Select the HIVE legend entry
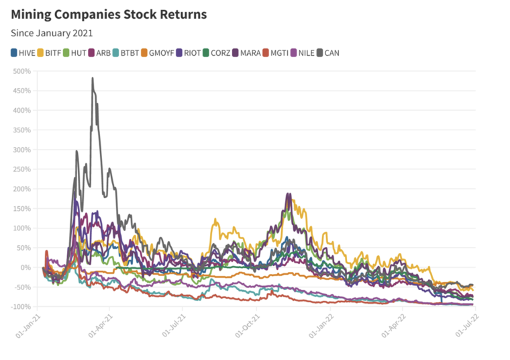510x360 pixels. point(25,52)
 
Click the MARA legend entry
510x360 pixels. point(249,52)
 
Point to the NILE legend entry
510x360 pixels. point(303,52)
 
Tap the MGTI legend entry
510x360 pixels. point(276,52)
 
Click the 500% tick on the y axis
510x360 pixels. point(22,71)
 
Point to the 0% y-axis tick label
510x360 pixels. point(25,267)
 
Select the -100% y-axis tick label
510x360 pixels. point(21,307)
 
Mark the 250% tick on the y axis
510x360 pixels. point(22,169)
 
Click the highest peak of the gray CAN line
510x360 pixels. point(93,79)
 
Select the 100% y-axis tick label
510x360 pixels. point(22,228)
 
